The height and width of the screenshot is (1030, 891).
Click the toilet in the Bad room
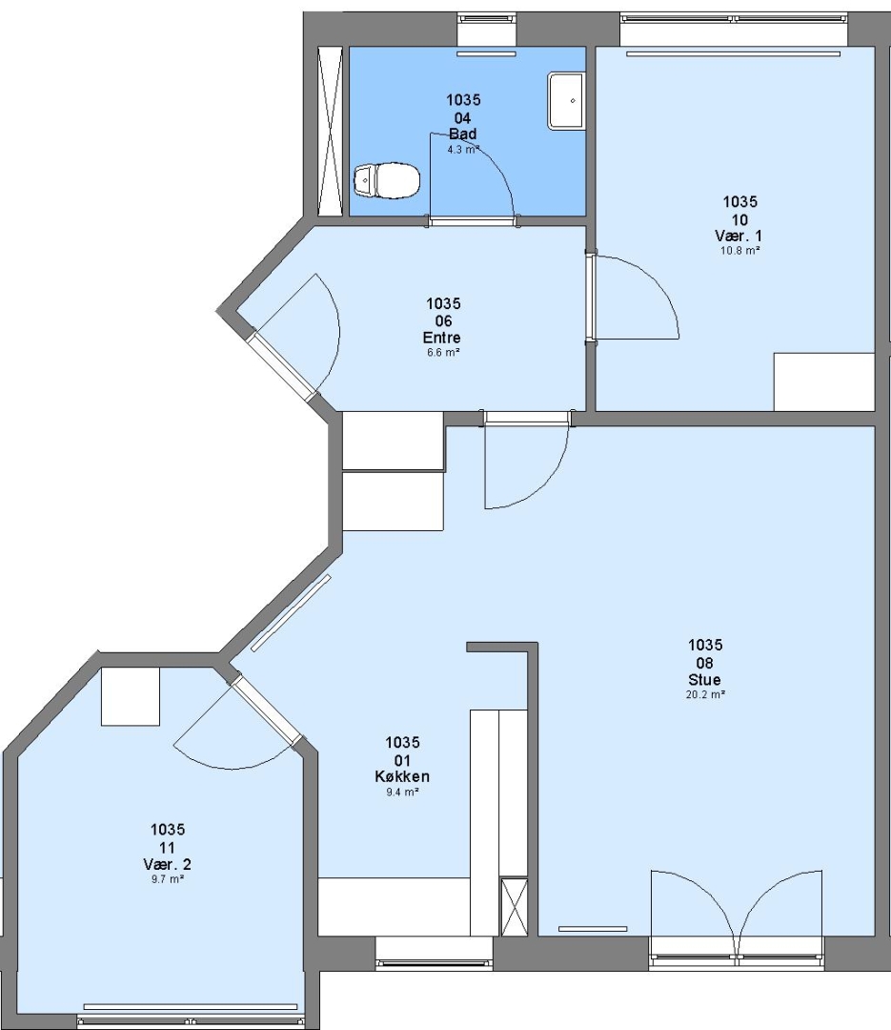[386, 179]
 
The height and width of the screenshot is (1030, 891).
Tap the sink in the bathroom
[566, 101]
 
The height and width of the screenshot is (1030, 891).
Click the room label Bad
[463, 134]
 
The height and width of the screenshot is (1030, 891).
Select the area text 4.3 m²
[463, 149]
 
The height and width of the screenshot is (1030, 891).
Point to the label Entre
[442, 338]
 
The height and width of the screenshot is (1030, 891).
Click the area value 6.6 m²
[442, 353]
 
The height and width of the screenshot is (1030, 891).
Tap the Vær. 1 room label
[739, 236]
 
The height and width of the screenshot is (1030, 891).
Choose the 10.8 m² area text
[740, 250]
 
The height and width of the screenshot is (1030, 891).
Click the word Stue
[704, 679]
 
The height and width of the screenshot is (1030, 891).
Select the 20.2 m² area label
[705, 694]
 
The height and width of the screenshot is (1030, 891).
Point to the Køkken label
[402, 776]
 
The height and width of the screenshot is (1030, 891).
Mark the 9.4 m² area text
[402, 792]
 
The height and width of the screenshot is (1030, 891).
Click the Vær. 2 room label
[168, 864]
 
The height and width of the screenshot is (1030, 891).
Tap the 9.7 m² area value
[168, 879]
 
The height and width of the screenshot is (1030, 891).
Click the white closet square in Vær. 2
[130, 696]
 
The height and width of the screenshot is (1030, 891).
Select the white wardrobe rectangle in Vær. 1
[824, 381]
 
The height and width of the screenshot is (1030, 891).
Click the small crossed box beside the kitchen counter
[515, 906]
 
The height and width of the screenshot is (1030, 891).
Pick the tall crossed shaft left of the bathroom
[331, 132]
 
